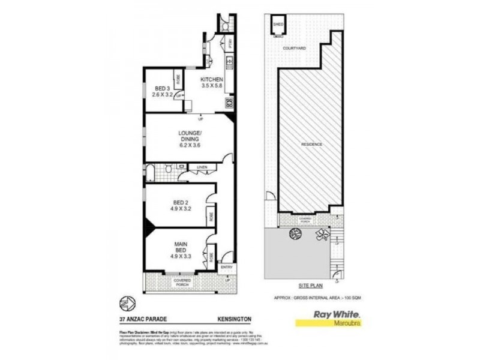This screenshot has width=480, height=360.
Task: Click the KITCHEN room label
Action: [x=212, y=80]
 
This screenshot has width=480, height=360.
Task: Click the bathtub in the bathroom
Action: [x=151, y=174]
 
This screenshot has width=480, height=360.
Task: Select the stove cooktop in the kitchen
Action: [x=230, y=103]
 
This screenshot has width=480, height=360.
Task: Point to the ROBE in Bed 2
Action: [x=210, y=217]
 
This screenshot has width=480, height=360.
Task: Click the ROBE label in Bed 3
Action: [x=178, y=79]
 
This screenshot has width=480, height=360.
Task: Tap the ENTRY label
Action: [x=226, y=268]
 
